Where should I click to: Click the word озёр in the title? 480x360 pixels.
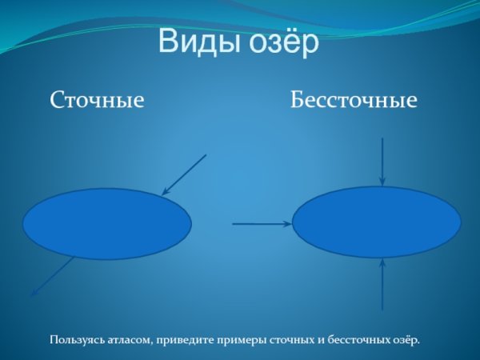[280, 42]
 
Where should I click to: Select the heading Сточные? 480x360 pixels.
[97, 101]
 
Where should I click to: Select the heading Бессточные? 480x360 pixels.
[354, 101]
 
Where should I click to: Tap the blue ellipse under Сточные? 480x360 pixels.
[106, 224]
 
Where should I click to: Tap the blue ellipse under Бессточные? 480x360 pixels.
[377, 222]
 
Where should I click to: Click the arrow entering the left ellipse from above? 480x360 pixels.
[186, 174]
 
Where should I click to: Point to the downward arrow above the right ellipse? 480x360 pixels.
[383, 160]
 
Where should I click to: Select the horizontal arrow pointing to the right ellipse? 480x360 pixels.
[260, 224]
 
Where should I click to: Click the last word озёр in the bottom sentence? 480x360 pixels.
[405, 340]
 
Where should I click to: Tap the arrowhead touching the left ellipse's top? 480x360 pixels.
[165, 192]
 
